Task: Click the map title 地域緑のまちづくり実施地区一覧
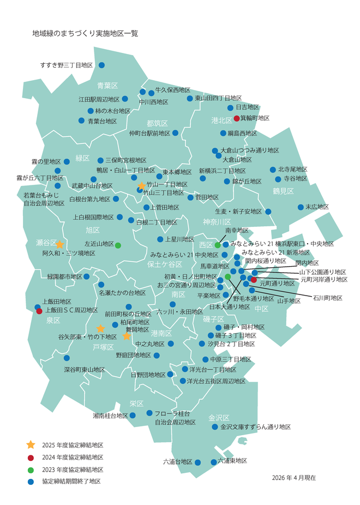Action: [85, 33]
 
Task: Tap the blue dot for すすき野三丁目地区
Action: [101, 65]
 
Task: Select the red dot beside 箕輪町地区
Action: [237, 118]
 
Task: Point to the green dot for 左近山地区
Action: [118, 245]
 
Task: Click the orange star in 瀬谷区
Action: [59, 245]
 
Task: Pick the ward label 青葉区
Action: [107, 86]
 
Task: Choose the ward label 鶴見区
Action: [284, 191]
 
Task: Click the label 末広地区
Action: [317, 207]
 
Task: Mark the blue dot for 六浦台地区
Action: [197, 462]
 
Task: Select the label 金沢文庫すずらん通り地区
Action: [255, 427]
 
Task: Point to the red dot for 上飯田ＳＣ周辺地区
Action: [39, 311]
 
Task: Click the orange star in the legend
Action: [31, 445]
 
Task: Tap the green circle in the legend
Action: [31, 470]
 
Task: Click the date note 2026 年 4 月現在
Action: [294, 477]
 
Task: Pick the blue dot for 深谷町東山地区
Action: [67, 358]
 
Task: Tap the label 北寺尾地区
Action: [292, 170]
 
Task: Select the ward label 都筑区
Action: [157, 123]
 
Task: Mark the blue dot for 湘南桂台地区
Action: [133, 414]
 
